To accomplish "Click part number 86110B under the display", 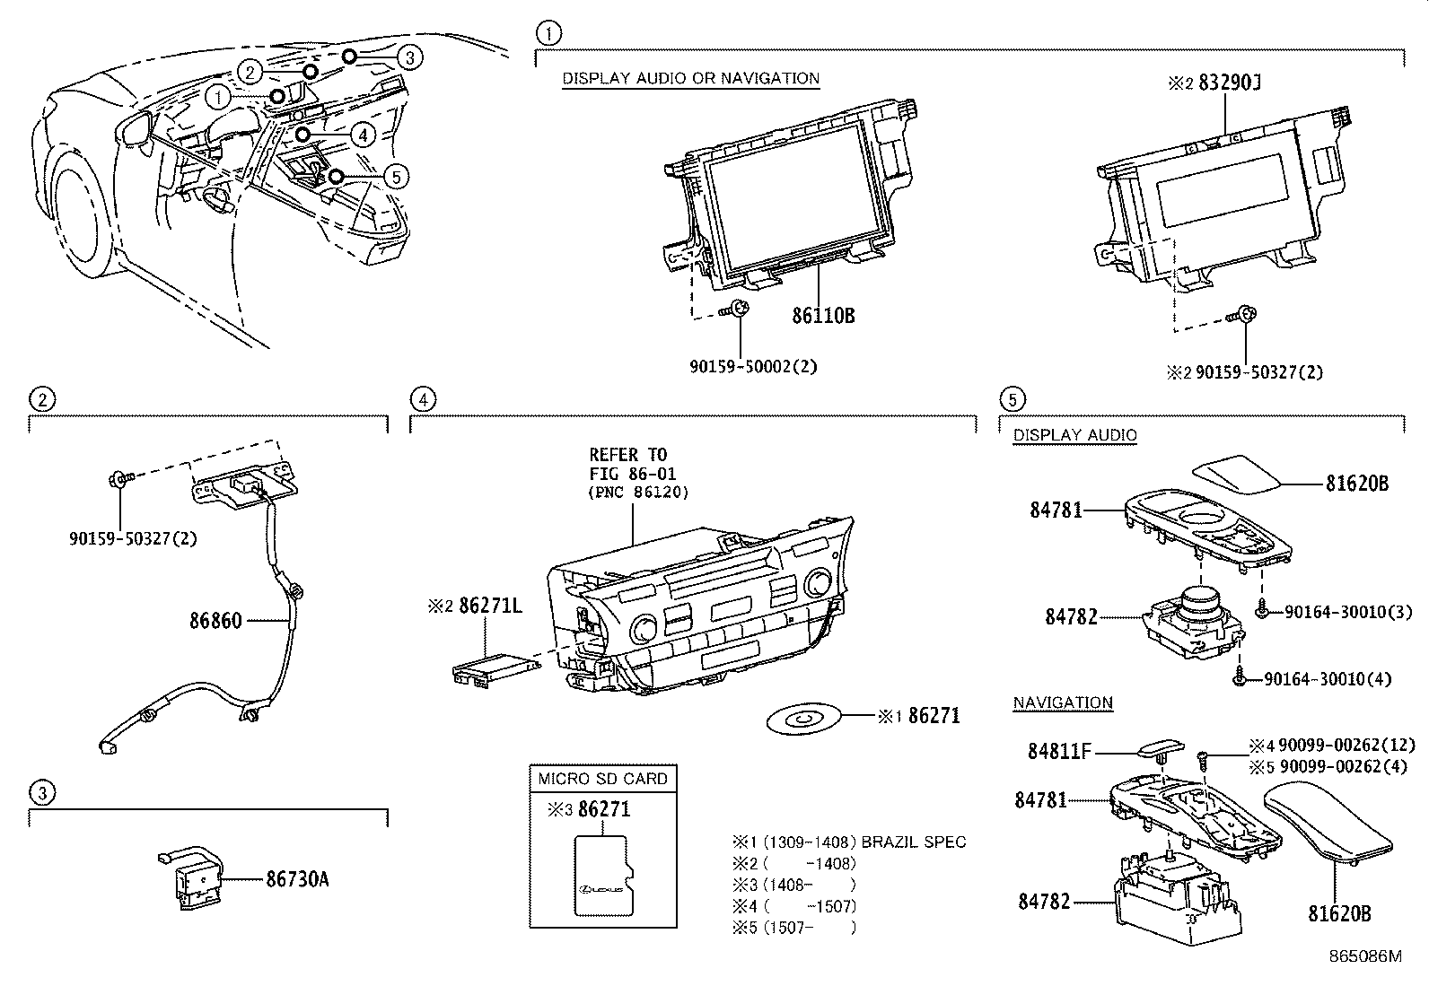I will (x=823, y=316).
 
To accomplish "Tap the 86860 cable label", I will (x=215, y=620).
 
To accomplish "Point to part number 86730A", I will (x=297, y=879).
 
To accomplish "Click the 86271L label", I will (x=490, y=606).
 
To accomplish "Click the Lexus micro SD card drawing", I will (x=602, y=877).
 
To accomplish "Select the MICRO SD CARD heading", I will (x=602, y=779).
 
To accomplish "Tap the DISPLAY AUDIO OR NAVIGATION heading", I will (x=690, y=78).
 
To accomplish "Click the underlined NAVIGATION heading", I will (x=1063, y=702).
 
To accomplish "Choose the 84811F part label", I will (x=1059, y=751).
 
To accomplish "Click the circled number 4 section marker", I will (x=423, y=399).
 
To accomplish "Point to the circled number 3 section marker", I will (x=42, y=792).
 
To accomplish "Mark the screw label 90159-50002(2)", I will (x=753, y=366).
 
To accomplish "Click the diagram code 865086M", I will (x=1364, y=956).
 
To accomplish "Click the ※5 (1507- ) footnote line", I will (x=794, y=928).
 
